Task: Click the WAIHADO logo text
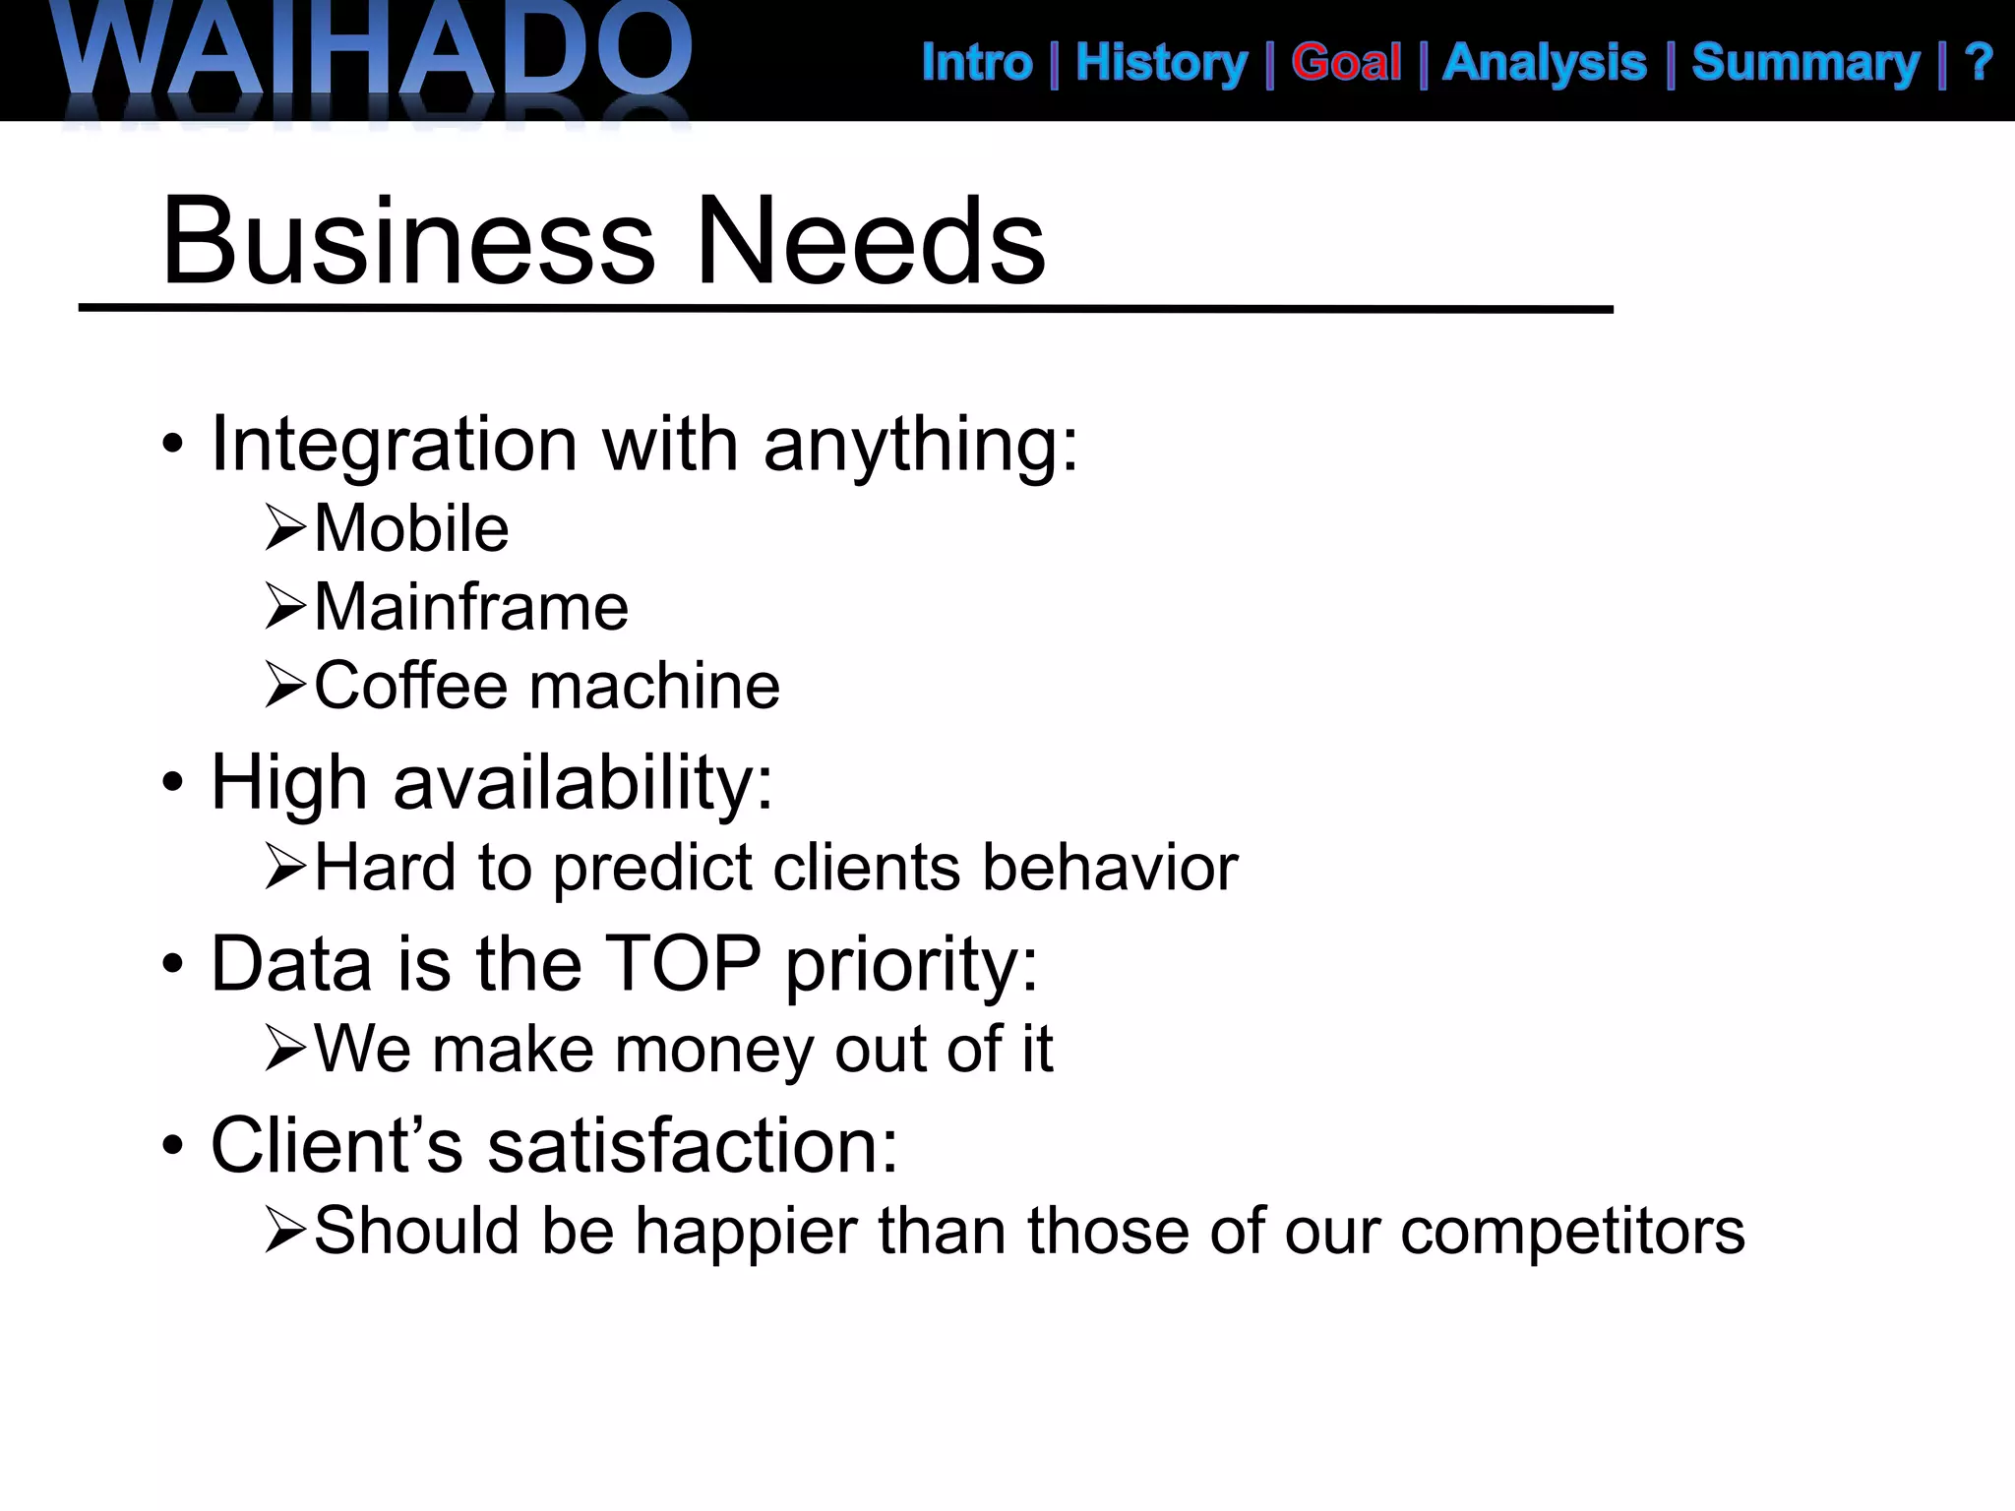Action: pos(374,49)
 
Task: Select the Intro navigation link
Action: pos(977,63)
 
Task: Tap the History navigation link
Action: pos(1161,63)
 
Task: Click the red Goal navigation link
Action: pos(1346,63)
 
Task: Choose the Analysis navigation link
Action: pos(1545,63)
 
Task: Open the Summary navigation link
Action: pos(1805,63)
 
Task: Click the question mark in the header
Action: pos(1979,63)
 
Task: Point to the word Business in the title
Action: pos(408,241)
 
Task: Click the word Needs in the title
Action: pos(870,241)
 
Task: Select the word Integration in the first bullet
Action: pos(394,445)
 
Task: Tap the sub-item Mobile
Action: pos(411,529)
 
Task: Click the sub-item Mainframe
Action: pos(470,607)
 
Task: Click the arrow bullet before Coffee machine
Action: pos(285,686)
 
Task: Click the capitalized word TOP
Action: pos(682,963)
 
